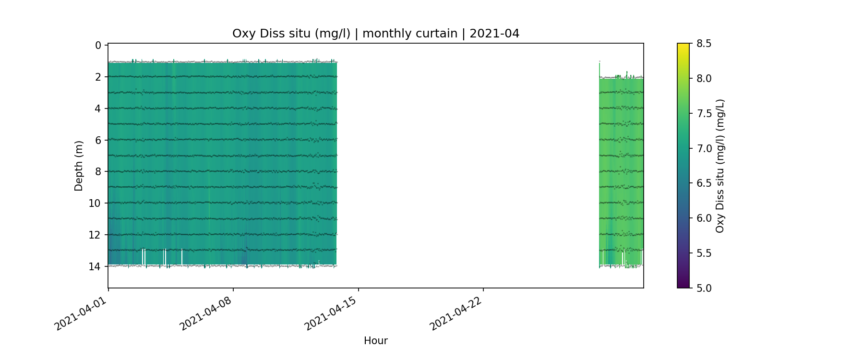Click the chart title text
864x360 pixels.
click(x=375, y=34)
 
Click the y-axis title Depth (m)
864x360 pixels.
click(x=79, y=166)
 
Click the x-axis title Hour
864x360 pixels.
click(x=375, y=341)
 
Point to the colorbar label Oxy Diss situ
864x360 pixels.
click(x=720, y=166)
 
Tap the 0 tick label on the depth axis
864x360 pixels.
click(x=98, y=46)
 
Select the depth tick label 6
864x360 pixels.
click(x=98, y=140)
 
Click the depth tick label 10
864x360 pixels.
click(x=95, y=204)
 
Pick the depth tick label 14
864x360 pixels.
click(x=95, y=266)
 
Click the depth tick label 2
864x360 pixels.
click(x=98, y=77)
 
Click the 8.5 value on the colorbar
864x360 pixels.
click(x=704, y=44)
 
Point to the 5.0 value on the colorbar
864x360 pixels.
click(x=704, y=288)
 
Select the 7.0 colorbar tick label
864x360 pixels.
click(x=704, y=148)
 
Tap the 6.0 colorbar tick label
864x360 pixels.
click(x=704, y=218)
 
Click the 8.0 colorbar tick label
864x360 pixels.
click(x=704, y=79)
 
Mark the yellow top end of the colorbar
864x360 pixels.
click(x=683, y=46)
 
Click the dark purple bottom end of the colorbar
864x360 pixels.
click(x=683, y=286)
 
